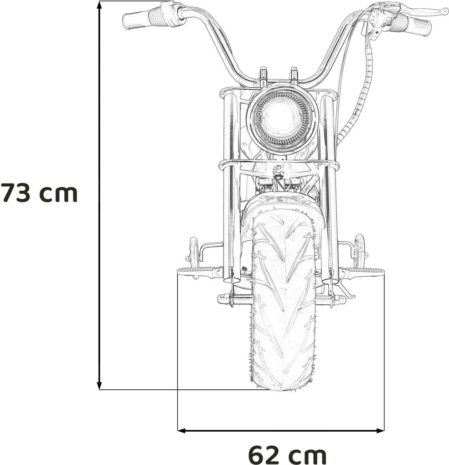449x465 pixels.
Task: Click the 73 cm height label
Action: click(39, 193)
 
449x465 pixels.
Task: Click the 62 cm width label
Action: click(287, 455)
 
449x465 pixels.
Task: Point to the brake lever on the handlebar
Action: click(426, 11)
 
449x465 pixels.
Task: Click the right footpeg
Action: click(365, 273)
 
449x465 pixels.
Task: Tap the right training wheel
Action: click(360, 250)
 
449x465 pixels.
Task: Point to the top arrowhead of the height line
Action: click(99, 5)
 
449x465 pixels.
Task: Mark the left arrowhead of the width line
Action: click(181, 430)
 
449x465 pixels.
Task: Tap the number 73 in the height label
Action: click(16, 193)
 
